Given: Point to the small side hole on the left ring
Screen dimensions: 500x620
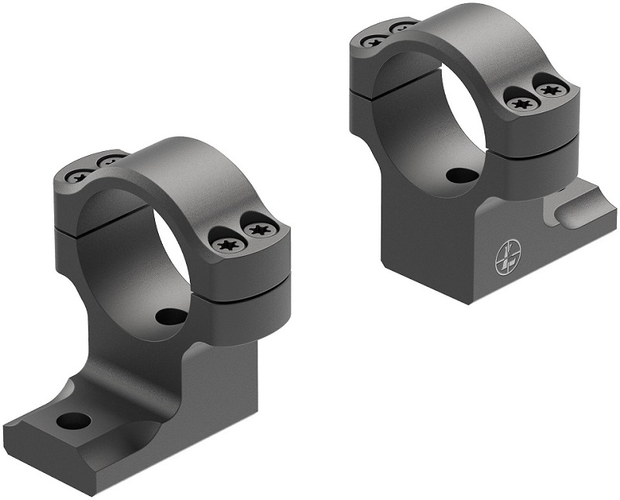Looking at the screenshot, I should [170, 316].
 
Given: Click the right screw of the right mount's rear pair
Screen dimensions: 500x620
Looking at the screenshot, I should [403, 29].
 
